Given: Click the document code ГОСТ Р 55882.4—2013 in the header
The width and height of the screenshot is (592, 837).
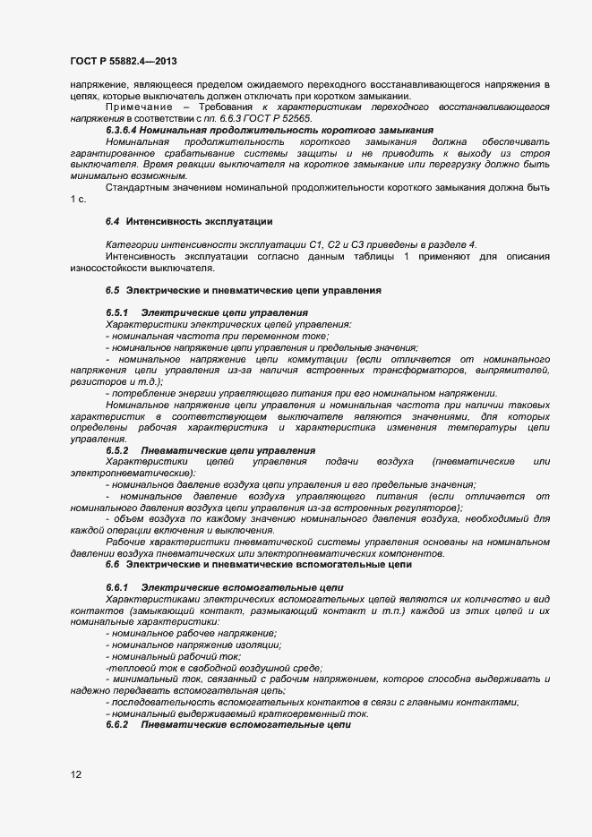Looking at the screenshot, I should tap(123, 61).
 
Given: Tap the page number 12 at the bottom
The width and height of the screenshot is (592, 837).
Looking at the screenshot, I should tap(75, 774).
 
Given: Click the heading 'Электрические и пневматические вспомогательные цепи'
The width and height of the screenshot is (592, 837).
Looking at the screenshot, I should tap(268, 566).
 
